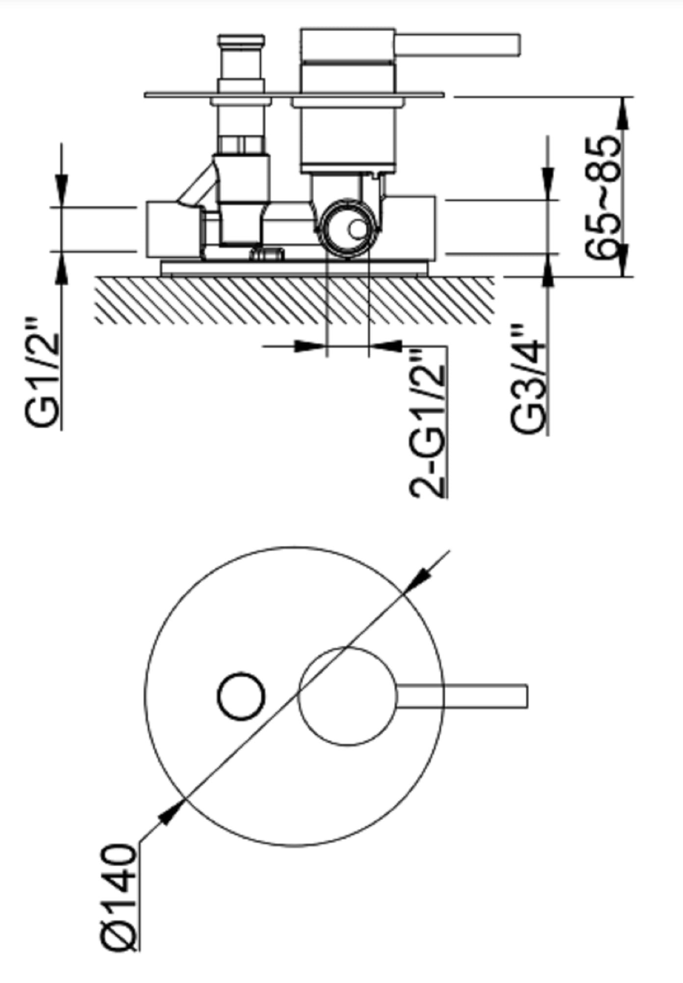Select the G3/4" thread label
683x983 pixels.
pos(529,378)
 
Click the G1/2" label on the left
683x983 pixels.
pos(43,374)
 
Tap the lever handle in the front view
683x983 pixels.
pos(461,696)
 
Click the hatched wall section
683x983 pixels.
pos(295,300)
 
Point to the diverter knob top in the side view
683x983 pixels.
pos(241,41)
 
